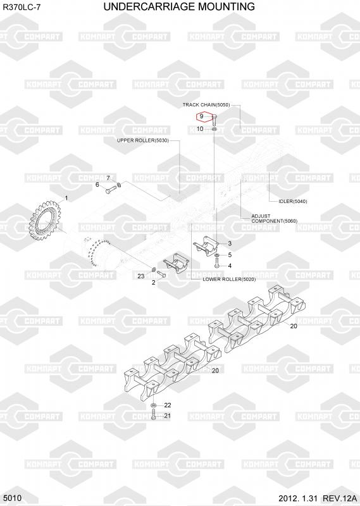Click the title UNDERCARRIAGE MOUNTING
[179, 6]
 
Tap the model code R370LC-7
[22, 8]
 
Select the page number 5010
[13, 498]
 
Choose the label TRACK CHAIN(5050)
[206, 105]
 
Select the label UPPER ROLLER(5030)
[143, 140]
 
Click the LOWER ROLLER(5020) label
[229, 279]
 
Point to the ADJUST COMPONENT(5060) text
[274, 218]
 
